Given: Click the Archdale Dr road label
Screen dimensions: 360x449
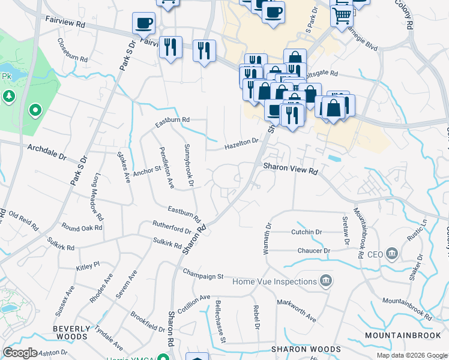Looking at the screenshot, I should coord(46,151).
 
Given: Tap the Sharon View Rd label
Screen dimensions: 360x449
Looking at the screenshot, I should coord(289,170).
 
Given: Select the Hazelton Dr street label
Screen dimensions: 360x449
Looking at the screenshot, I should coord(241,144).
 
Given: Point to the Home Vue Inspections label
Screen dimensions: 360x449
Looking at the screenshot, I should coord(274,281).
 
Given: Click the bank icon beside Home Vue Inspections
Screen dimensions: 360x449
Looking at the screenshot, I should coord(326,281).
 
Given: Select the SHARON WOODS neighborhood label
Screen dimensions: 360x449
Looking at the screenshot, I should coord(306,349).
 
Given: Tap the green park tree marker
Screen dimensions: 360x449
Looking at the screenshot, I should coord(8,95).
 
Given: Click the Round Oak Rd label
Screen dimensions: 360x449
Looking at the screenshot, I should coord(82,228).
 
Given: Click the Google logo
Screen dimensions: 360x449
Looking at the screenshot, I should coord(20,353).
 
